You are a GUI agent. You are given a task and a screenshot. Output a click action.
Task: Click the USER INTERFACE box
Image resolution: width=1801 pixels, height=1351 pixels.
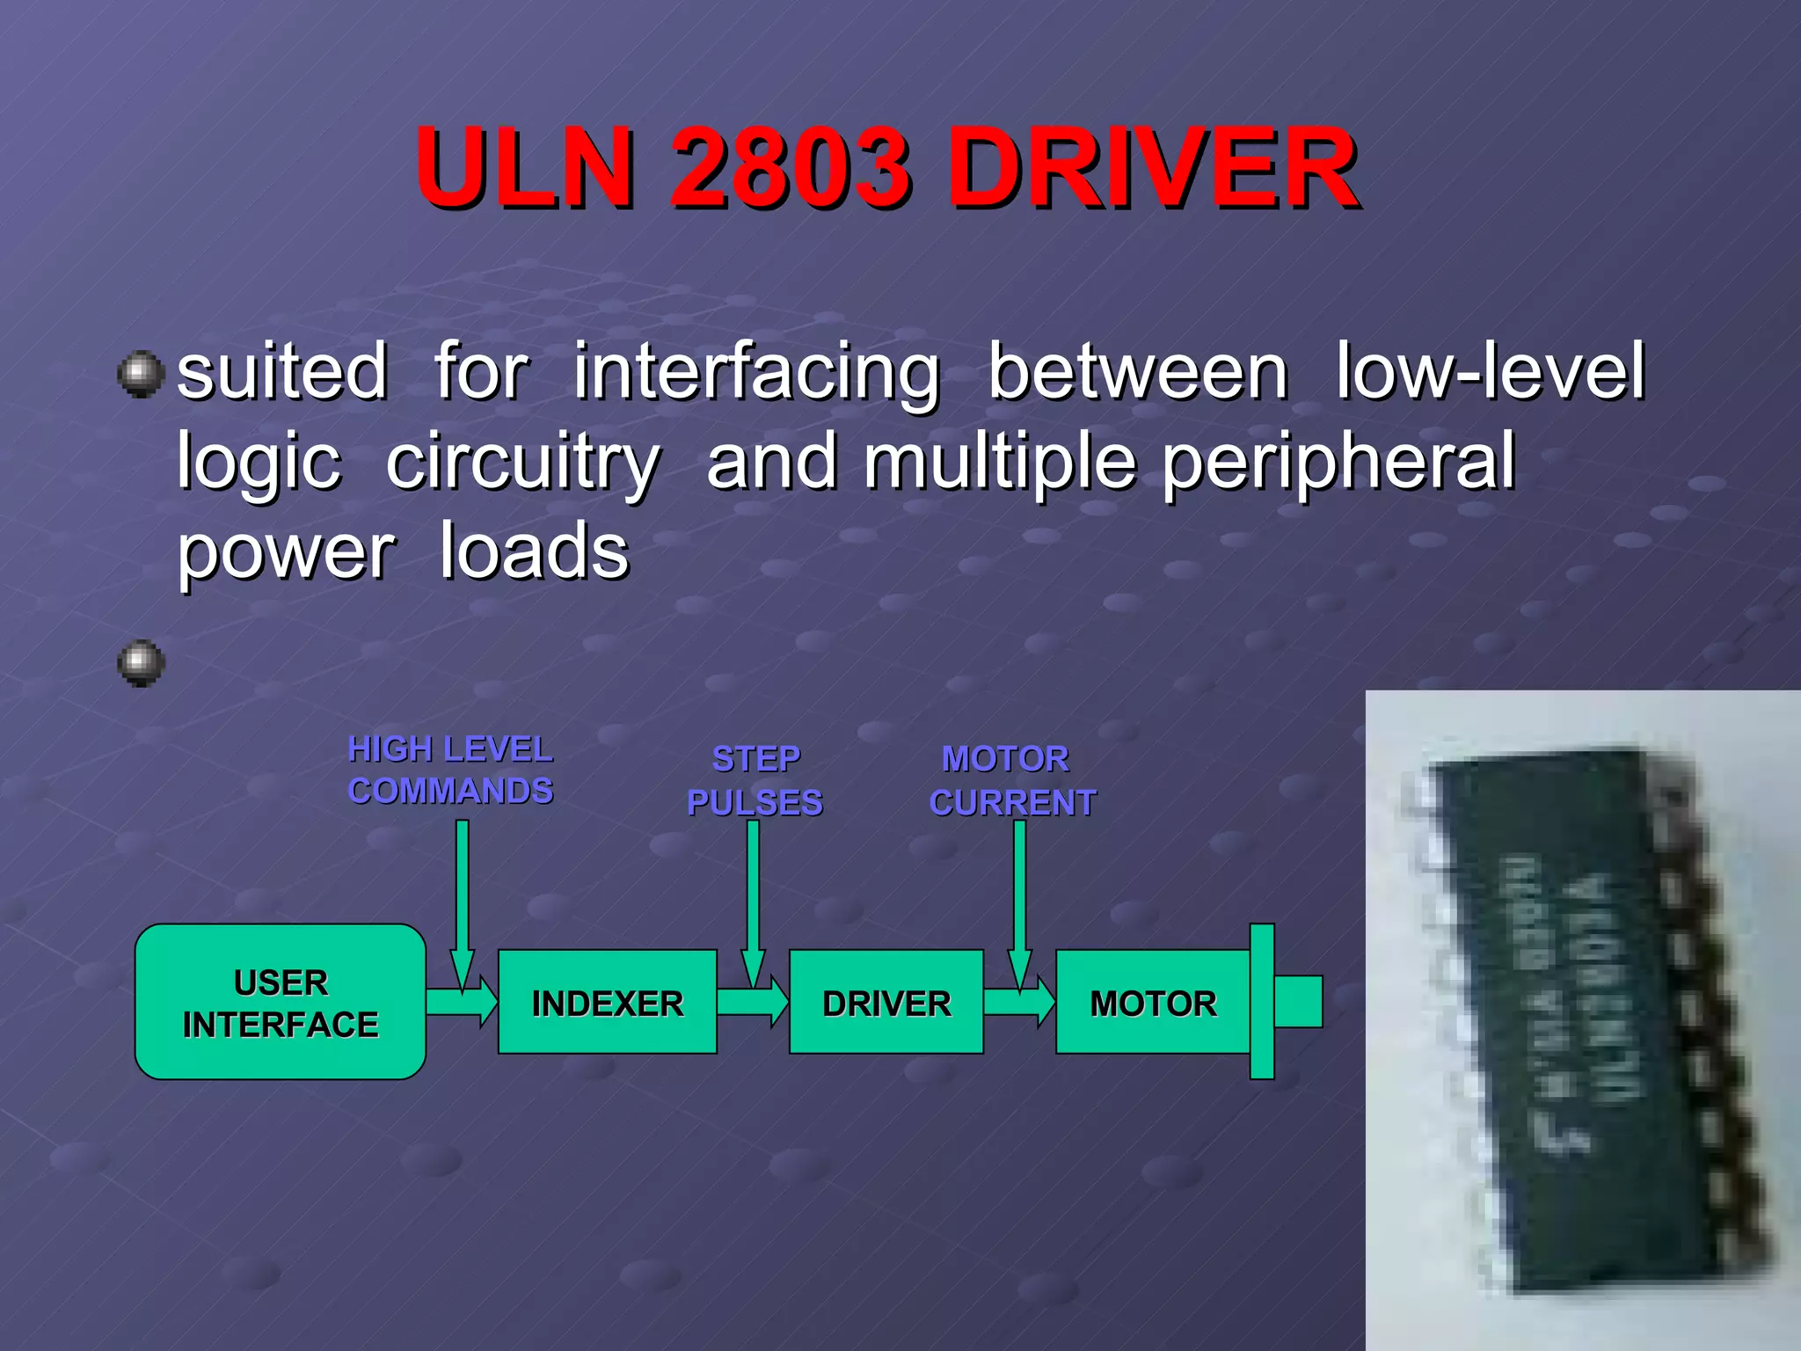(281, 1002)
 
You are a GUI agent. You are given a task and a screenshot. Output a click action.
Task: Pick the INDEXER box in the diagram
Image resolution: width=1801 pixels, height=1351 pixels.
(607, 1002)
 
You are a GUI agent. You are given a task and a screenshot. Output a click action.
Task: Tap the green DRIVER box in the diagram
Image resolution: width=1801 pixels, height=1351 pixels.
(886, 1002)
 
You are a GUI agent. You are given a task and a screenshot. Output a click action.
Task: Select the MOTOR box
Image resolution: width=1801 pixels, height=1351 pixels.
(1152, 1002)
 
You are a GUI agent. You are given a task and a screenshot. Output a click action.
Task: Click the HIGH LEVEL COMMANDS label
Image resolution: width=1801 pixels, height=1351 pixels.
(450, 770)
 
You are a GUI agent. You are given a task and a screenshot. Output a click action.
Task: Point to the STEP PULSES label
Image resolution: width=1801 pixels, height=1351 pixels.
(755, 781)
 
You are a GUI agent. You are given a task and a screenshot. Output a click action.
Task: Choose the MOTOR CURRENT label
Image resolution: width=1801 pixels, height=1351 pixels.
(1011, 781)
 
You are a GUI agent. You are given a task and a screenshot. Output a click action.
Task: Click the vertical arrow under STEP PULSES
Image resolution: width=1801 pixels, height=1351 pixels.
(753, 897)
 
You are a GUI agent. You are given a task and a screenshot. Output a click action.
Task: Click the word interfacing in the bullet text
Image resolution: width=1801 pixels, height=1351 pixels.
(756, 374)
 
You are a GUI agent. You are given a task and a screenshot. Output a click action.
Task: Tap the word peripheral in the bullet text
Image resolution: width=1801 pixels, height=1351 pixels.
(1338, 462)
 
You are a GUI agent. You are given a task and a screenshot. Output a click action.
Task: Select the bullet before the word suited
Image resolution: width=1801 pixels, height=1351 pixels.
(141, 374)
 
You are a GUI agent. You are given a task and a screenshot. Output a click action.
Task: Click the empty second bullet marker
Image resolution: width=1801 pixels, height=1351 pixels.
(141, 662)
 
